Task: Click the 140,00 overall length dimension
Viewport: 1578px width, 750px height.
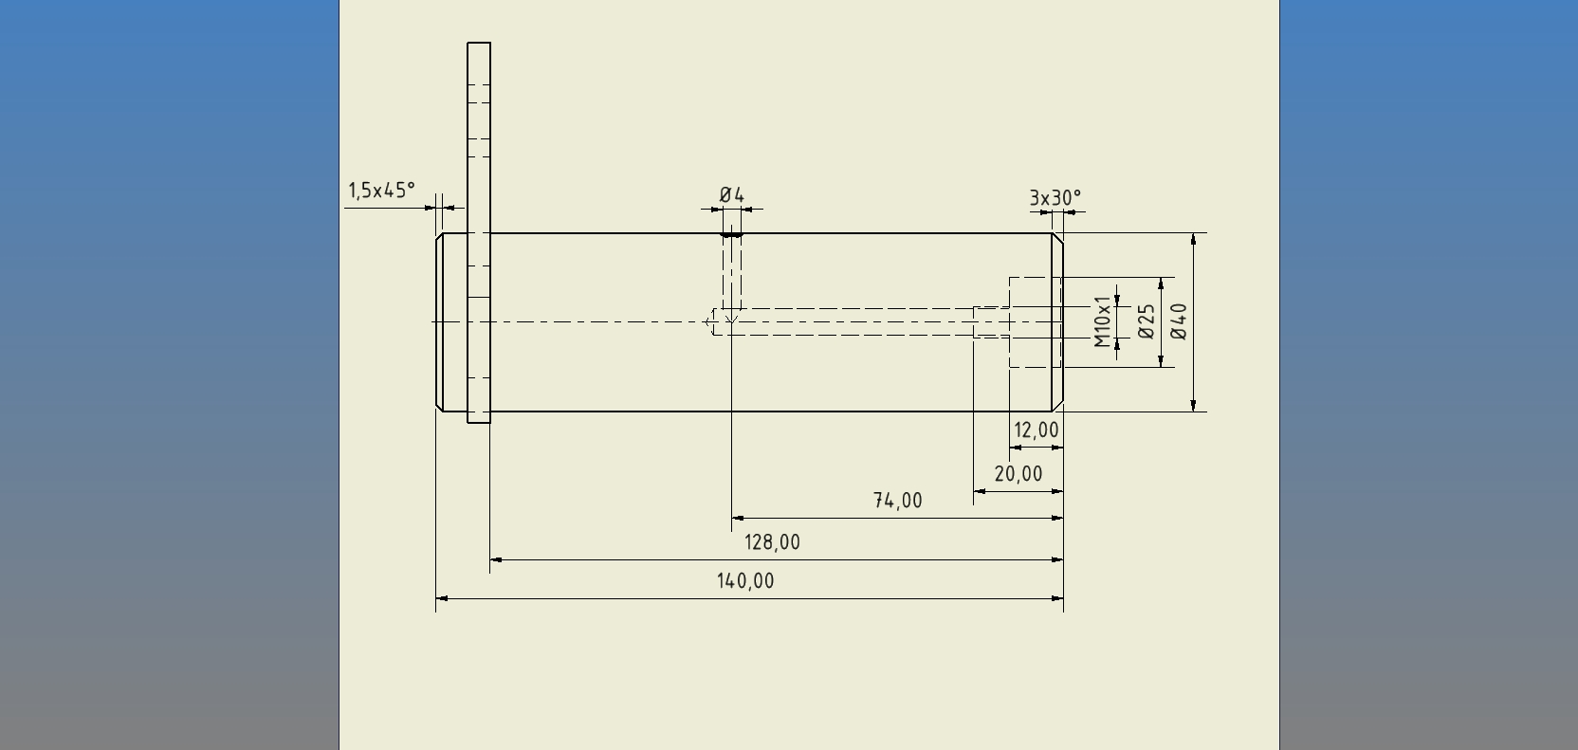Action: click(745, 581)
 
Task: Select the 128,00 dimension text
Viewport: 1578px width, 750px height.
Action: click(772, 542)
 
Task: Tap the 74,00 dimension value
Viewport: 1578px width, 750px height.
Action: click(897, 501)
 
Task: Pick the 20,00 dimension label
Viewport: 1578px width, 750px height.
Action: click(1018, 474)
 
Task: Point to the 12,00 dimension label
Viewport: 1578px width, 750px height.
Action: click(1036, 430)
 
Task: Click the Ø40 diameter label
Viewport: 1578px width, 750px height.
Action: click(1179, 321)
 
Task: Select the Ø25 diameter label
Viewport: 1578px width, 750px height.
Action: click(1146, 321)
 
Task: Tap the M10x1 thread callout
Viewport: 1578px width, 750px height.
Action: click(1102, 321)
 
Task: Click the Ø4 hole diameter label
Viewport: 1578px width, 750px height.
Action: click(731, 195)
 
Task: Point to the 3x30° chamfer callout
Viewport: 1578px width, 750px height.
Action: click(1055, 198)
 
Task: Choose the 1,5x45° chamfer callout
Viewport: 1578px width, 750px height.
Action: click(381, 191)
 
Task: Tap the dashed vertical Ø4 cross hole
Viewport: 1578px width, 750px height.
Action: click(731, 275)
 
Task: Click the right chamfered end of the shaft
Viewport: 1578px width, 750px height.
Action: click(1057, 322)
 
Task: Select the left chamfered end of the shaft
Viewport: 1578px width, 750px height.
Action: click(440, 322)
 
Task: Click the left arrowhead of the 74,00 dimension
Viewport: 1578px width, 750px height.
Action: click(738, 518)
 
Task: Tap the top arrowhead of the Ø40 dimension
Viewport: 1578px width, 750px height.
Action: click(1193, 239)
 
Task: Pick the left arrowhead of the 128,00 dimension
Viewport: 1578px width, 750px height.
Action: click(496, 559)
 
